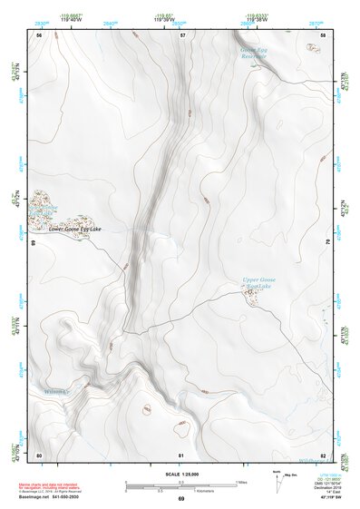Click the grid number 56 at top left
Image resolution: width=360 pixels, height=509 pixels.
pyautogui.click(x=39, y=34)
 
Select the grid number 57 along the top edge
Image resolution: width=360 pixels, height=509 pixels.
pyautogui.click(x=182, y=34)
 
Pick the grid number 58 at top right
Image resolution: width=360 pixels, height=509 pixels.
pyautogui.click(x=324, y=34)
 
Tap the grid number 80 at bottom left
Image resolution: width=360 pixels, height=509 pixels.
pyautogui.click(x=39, y=454)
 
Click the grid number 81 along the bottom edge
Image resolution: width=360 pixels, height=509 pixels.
pyautogui.click(x=182, y=454)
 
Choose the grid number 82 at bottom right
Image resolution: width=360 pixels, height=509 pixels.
pyautogui.click(x=324, y=454)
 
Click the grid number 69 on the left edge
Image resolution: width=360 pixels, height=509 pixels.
pyautogui.click(x=33, y=243)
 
